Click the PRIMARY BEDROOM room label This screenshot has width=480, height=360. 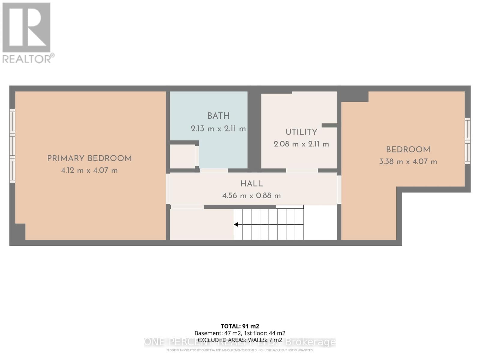pos(89,158)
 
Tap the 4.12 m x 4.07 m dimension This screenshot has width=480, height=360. pos(89,170)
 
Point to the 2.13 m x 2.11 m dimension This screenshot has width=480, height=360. pos(218,129)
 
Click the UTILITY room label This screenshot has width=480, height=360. pos(301,132)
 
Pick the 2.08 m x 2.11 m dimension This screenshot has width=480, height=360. pos(301,144)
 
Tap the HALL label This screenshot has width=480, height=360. pos(251,184)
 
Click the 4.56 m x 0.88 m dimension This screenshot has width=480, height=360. pos(251,196)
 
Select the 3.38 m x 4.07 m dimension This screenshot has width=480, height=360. pos(408,162)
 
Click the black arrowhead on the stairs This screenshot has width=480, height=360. pos(236,224)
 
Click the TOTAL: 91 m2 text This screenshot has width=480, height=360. pos(240,326)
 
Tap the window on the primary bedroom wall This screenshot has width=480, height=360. pos(12,146)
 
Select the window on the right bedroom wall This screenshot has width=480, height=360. pos(467,141)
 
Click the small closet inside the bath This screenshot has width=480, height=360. pos(182,156)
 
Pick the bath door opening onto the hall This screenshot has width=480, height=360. pos(214,170)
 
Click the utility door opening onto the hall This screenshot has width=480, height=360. pos(301,170)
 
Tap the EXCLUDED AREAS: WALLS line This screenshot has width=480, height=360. pos(240,340)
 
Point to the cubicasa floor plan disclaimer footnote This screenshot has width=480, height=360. pos(240,350)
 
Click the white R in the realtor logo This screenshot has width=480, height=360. pos(26,28)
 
